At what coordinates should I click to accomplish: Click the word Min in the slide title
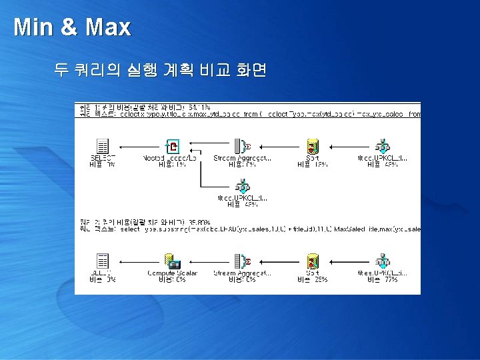31,27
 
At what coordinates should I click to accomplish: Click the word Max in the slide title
109,27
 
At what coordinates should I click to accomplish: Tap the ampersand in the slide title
68,28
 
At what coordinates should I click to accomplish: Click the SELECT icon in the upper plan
103,147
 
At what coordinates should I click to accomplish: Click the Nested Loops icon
172,147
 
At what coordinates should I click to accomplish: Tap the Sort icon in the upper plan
311,147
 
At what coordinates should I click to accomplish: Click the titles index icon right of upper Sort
382,147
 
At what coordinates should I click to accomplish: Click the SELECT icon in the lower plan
103,261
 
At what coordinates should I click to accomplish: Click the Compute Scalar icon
172,261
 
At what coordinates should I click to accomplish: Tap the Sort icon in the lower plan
311,261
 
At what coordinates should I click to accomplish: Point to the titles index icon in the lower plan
382,261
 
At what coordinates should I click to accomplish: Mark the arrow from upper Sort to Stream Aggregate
277,146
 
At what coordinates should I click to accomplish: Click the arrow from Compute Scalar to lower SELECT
137,260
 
